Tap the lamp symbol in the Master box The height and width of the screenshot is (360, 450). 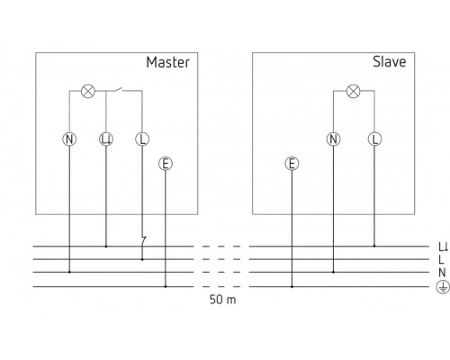click(x=88, y=90)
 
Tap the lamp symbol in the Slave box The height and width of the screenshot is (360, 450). click(x=354, y=90)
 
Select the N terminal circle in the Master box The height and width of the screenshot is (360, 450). click(x=70, y=139)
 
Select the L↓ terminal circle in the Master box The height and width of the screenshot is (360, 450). click(x=106, y=139)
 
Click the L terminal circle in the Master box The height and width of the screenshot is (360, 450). click(x=141, y=139)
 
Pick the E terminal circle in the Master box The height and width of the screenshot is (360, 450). click(x=165, y=163)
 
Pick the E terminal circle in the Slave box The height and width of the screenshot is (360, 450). click(x=291, y=163)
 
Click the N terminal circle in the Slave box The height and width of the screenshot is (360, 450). click(x=333, y=139)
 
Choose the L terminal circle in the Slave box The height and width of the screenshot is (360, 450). click(x=374, y=139)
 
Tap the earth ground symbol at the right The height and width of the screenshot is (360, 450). click(x=442, y=286)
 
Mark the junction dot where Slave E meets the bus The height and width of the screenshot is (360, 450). click(x=291, y=286)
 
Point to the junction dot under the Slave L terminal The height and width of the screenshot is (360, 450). click(x=374, y=246)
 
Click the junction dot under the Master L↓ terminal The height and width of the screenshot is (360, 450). click(x=106, y=246)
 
